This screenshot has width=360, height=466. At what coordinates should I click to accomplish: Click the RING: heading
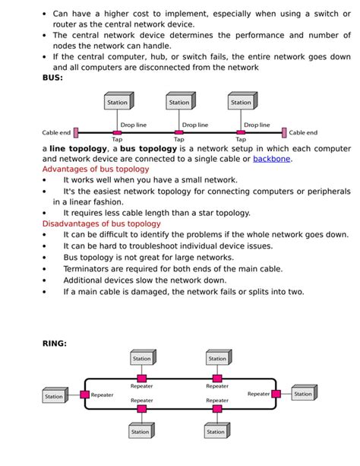click(54, 344)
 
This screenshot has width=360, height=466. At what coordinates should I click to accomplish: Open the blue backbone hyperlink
click(271, 159)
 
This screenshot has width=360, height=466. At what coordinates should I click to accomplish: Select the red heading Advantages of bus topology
click(95, 170)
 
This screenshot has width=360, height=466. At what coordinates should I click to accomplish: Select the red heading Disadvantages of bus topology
click(101, 223)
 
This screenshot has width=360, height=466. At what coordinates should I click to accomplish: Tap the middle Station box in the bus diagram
click(180, 102)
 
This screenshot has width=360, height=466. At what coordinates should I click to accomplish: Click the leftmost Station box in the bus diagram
click(118, 102)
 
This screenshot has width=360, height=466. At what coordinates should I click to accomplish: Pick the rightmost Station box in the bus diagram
click(242, 102)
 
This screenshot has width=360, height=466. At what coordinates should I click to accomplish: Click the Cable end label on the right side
click(303, 132)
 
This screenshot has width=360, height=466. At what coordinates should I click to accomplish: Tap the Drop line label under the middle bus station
click(195, 125)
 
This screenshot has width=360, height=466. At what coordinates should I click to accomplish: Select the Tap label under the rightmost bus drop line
click(241, 140)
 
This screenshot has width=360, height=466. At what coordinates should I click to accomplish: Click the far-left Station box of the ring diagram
click(54, 396)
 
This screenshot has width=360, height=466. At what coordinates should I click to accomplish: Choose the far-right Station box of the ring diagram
click(303, 394)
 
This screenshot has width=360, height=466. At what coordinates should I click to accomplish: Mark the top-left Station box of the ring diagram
click(142, 358)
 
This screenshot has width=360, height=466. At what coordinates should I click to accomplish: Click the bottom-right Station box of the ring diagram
click(217, 432)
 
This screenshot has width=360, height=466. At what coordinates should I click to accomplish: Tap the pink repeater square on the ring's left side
click(85, 395)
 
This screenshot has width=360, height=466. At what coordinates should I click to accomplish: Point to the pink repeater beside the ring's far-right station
click(276, 394)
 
